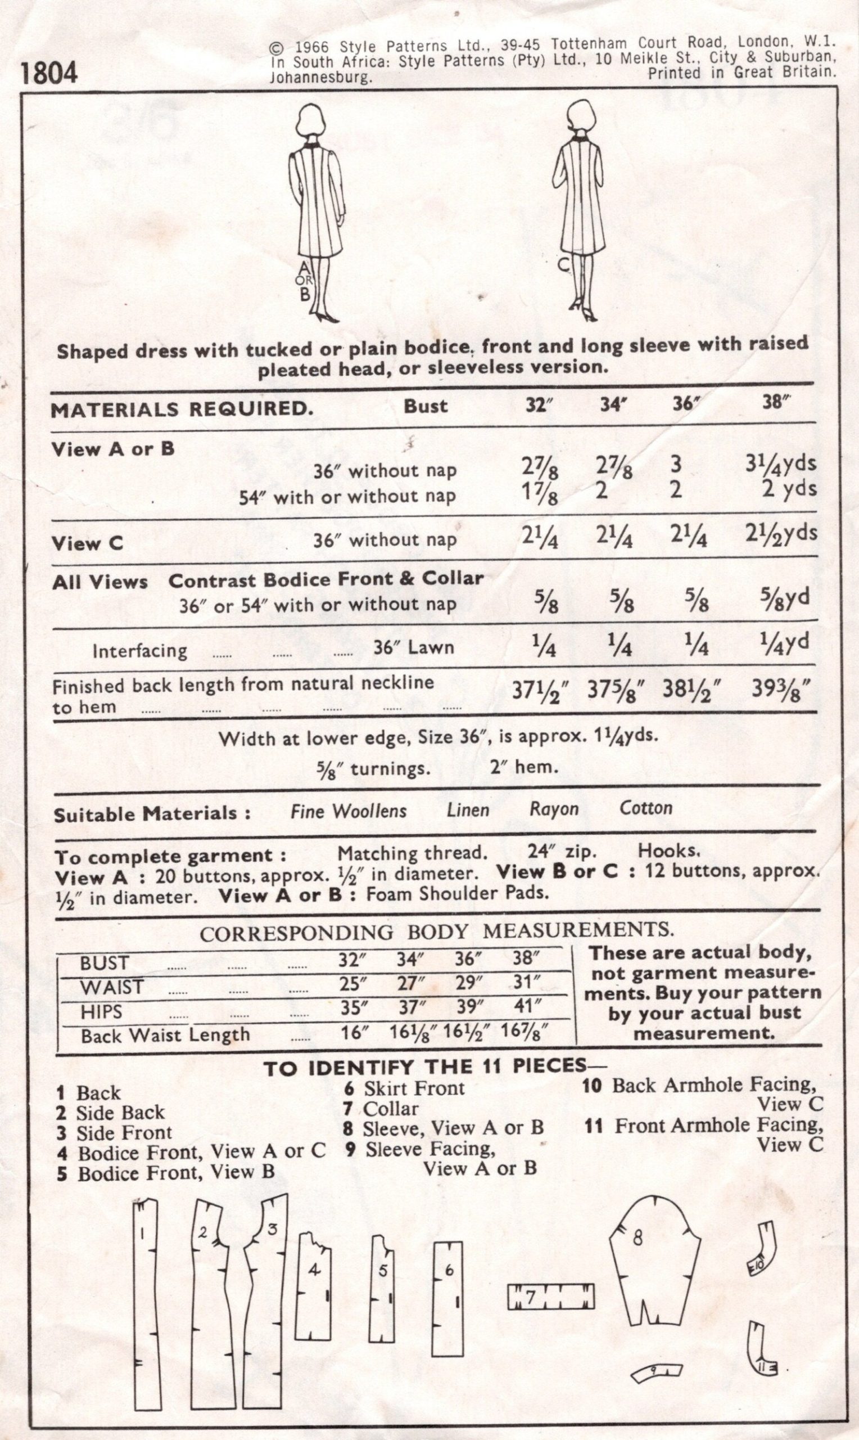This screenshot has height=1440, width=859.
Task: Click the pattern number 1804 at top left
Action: pyautogui.click(x=48, y=74)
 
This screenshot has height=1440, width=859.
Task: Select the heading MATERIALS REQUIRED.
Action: pyautogui.click(x=182, y=409)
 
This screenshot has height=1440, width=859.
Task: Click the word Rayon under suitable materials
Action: pyautogui.click(x=554, y=809)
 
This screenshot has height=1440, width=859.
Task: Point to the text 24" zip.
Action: pyautogui.click(x=562, y=852)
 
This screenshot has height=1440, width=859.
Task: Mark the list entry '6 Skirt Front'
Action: pyautogui.click(x=405, y=1088)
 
